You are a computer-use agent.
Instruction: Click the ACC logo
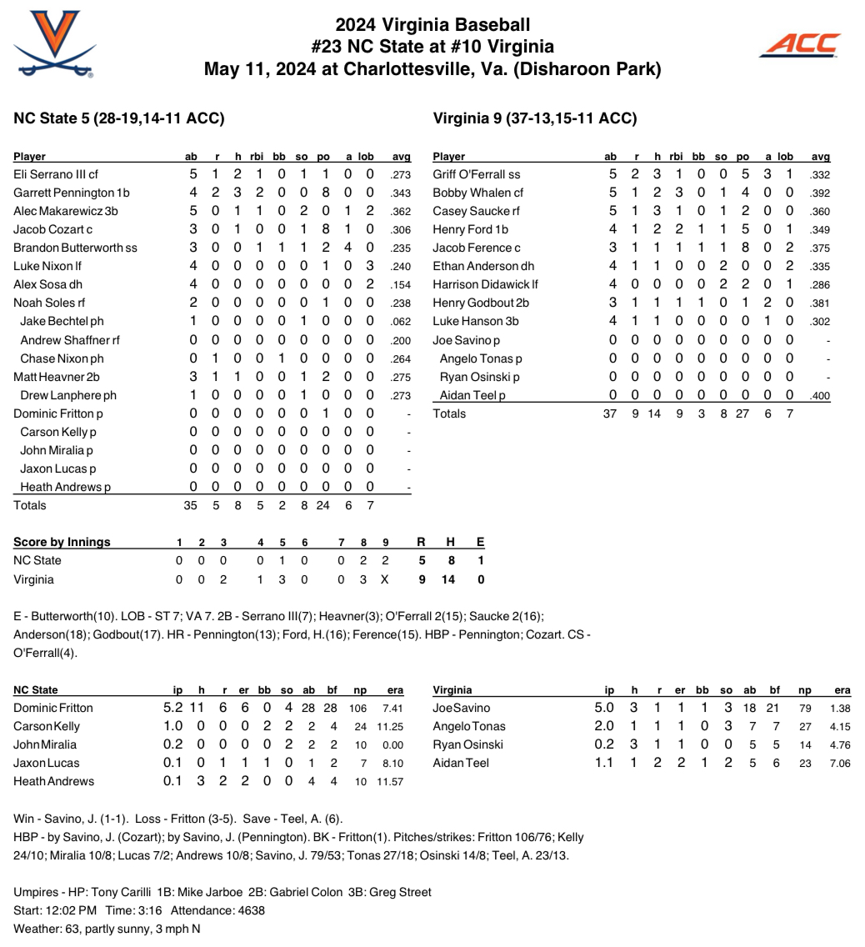(x=799, y=46)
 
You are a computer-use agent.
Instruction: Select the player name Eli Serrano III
(x=51, y=174)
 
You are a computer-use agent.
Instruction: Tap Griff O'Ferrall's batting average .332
(x=820, y=175)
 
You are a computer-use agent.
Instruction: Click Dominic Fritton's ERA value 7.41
(x=392, y=709)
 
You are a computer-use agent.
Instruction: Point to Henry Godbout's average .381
(x=820, y=303)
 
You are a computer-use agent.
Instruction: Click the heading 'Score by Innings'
(x=62, y=543)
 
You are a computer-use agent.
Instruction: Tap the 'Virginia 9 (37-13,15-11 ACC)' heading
(x=535, y=118)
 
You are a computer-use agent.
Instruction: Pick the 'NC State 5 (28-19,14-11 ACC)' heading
(x=119, y=118)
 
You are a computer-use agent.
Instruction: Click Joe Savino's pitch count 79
(x=804, y=709)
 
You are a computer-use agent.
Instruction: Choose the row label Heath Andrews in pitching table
(x=53, y=782)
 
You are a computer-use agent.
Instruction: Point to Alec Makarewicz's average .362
(x=401, y=212)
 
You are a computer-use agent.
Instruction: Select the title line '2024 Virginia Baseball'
(x=432, y=25)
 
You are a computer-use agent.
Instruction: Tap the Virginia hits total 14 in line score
(x=448, y=579)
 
